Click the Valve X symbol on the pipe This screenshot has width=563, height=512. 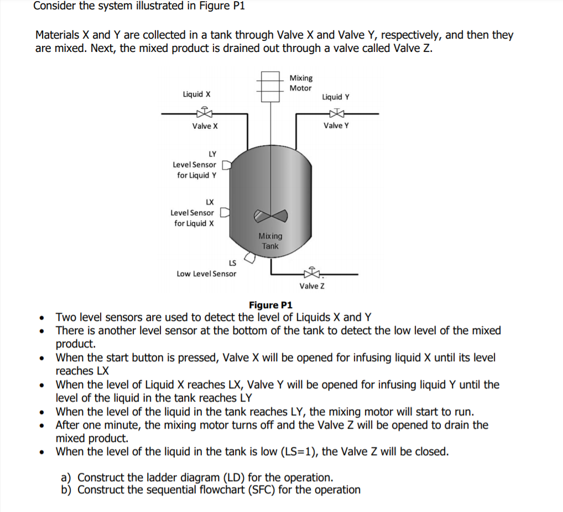[x=205, y=114]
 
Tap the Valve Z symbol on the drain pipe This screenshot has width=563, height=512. [x=312, y=273]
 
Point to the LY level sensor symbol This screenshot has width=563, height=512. [x=225, y=165]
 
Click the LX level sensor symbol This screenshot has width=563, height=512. [x=225, y=213]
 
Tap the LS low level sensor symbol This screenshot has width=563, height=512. [x=250, y=257]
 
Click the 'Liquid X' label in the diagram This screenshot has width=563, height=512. [x=196, y=94]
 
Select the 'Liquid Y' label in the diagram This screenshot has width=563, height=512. [x=335, y=97]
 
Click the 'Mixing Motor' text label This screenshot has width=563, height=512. [x=301, y=83]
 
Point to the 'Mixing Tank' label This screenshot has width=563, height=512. [x=270, y=241]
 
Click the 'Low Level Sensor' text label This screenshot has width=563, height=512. [x=206, y=273]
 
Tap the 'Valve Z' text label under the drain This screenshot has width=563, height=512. [x=312, y=286]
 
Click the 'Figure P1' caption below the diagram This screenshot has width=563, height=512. [x=270, y=305]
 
